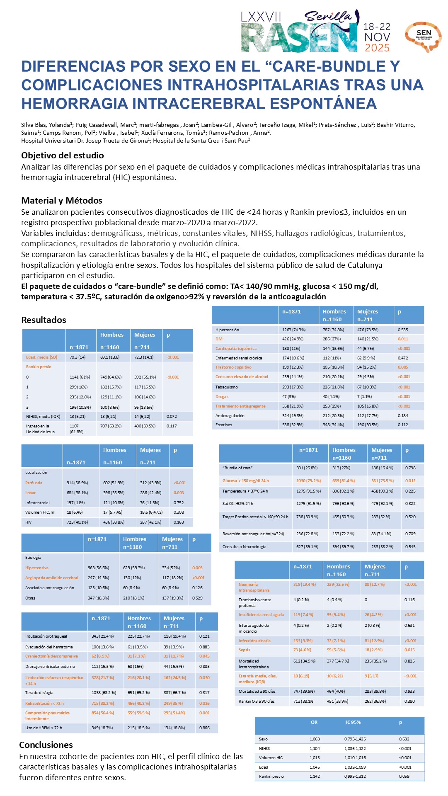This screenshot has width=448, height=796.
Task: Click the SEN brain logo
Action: pyautogui.click(x=423, y=36)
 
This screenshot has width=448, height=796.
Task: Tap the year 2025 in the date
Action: pyautogui.click(x=377, y=48)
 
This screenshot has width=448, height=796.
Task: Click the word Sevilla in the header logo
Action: pyautogui.click(x=328, y=17)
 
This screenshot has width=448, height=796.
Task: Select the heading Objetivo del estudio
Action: pyautogui.click(x=63, y=155)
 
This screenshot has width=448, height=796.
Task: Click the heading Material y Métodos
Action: pyautogui.click(x=62, y=201)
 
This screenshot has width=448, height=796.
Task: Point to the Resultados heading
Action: pyautogui.click(x=44, y=320)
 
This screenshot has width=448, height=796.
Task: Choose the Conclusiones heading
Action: pyautogui.click(x=46, y=745)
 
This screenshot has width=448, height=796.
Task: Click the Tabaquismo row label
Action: pyautogui.click(x=227, y=387)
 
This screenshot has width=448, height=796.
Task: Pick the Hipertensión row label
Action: pyautogui.click(x=227, y=330)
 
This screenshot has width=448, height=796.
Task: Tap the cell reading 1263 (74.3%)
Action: pyautogui.click(x=294, y=330)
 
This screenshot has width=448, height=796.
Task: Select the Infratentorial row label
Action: pyautogui.click(x=37, y=502)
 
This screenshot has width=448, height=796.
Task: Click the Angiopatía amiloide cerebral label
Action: pyautogui.click(x=52, y=578)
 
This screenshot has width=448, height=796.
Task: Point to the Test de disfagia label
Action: pyautogui.click(x=39, y=692)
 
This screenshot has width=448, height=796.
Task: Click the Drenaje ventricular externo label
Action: pyautogui.click(x=50, y=667)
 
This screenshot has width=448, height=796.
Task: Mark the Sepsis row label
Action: pyautogui.click(x=244, y=650)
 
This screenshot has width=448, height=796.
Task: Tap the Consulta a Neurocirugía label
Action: pyautogui.click(x=245, y=546)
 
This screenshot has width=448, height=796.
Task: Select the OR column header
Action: pyautogui.click(x=314, y=722)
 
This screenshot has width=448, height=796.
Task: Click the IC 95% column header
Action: pyautogui.click(x=353, y=722)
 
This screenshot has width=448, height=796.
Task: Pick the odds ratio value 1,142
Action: pyautogui.click(x=315, y=776)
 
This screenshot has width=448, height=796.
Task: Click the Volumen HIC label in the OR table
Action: pyautogui.click(x=271, y=757)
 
